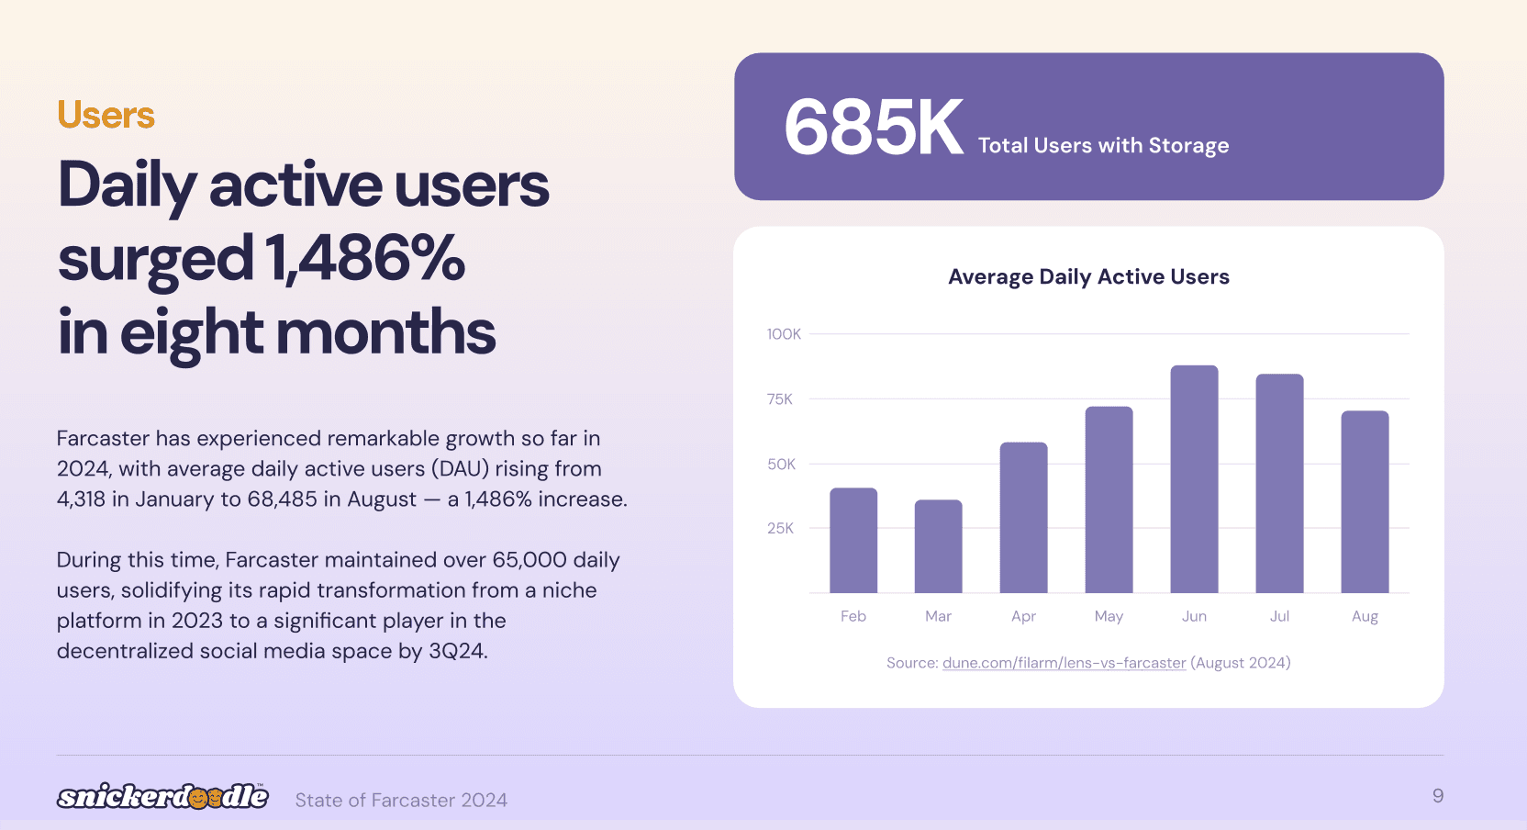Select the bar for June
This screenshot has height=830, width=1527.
[1194, 479]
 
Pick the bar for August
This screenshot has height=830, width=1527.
[1365, 502]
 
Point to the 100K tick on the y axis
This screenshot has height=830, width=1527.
[784, 334]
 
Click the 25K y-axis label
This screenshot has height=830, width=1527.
[780, 528]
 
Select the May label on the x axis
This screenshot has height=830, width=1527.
[1109, 616]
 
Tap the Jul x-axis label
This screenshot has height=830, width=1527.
[1279, 616]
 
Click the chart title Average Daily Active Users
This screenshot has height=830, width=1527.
[1088, 277]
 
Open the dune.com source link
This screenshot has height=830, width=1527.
[1064, 663]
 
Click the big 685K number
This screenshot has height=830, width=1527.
[873, 129]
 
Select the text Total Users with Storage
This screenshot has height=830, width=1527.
[1103, 146]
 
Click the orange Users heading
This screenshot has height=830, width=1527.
[106, 116]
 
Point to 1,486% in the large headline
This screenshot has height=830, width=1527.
[364, 259]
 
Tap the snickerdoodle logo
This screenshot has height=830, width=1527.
[162, 796]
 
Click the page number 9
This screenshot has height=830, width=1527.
[1438, 796]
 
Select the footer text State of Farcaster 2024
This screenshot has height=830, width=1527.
[401, 801]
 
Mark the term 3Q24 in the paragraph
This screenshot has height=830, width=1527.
[455, 651]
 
